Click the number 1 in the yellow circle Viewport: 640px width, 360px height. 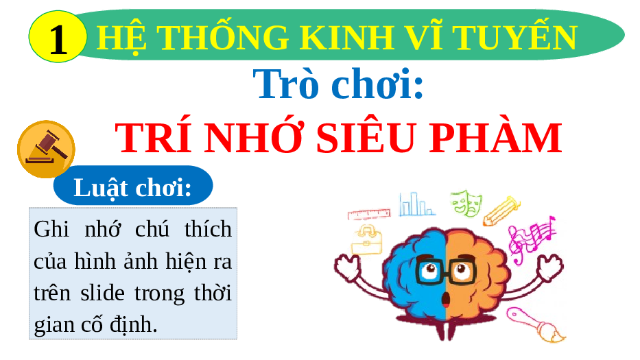pos(58,39)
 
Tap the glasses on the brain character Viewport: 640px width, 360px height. pos(446,269)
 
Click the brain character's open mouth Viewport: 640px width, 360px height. pos(446,300)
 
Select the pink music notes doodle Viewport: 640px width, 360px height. pos(531,239)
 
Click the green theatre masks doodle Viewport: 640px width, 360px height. pos(466,202)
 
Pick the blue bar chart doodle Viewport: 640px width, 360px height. pos(417,204)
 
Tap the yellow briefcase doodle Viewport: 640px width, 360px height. pos(367,240)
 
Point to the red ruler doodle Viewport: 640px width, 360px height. pos(369,214)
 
